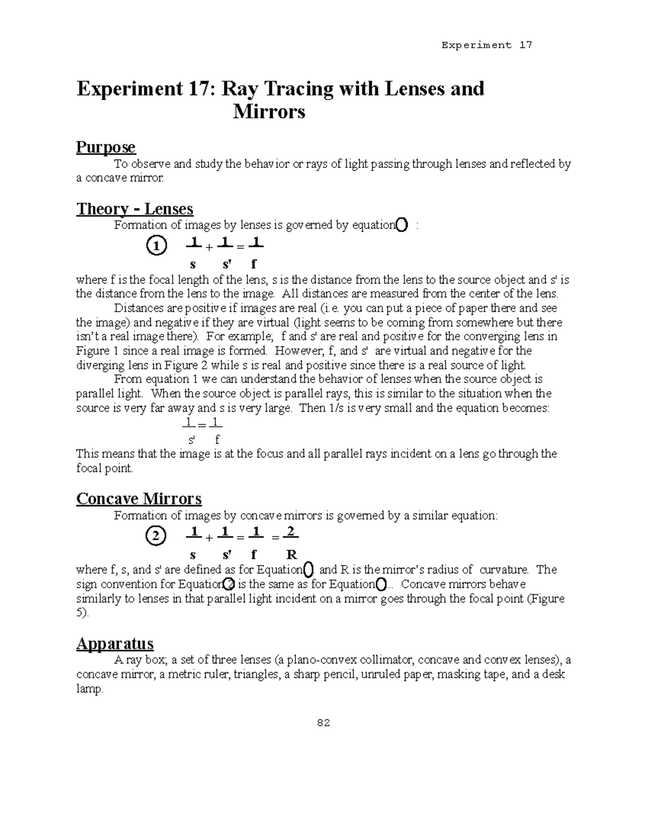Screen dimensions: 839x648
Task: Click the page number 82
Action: (323, 723)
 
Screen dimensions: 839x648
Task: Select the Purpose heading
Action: (106, 147)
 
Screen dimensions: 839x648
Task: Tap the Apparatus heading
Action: (114, 643)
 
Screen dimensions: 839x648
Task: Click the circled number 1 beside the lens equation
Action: (156, 246)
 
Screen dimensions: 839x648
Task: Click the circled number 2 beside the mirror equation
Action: (156, 536)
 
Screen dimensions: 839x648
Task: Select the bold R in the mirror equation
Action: (292, 554)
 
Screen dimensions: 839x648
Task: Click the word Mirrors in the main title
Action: (269, 112)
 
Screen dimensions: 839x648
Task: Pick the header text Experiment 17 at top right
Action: (487, 45)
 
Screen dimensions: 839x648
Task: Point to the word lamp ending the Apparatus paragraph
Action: (89, 689)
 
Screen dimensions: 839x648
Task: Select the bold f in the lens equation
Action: (254, 265)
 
